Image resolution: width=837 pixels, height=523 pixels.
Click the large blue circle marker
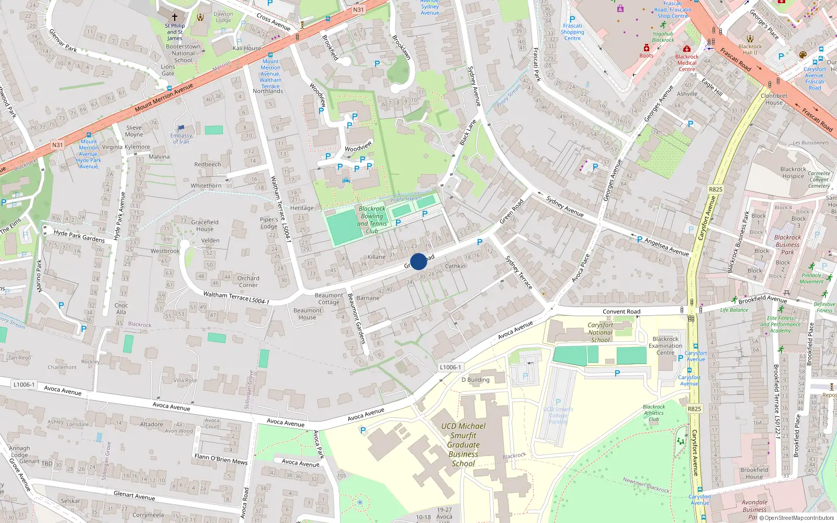pyautogui.click(x=418, y=261)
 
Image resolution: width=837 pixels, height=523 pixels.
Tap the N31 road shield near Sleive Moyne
pyautogui.click(x=58, y=145)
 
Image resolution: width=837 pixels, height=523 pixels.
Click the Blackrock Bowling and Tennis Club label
pyautogui.click(x=372, y=220)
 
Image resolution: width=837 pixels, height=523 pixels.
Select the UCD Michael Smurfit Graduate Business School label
pyautogui.click(x=463, y=445)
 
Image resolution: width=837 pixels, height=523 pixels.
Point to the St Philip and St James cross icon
pyautogui.click(x=175, y=17)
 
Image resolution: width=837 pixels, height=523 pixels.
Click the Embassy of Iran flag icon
pyautogui.click(x=181, y=128)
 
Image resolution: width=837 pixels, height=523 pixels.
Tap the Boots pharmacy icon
pyautogui.click(x=647, y=48)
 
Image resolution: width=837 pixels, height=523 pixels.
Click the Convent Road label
pyautogui.click(x=621, y=312)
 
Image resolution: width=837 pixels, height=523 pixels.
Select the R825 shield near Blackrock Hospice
pyautogui.click(x=715, y=189)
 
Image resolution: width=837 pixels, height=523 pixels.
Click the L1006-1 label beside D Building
pyautogui.click(x=450, y=367)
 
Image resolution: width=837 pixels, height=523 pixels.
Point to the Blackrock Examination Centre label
pyautogui.click(x=665, y=346)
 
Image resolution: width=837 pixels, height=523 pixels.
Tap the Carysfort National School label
pyautogui.click(x=600, y=332)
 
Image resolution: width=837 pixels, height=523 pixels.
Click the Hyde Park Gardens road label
pyautogui.click(x=79, y=236)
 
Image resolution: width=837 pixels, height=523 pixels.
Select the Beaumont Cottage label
pyautogui.click(x=329, y=299)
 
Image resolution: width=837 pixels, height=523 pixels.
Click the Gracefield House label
pyautogui.click(x=205, y=225)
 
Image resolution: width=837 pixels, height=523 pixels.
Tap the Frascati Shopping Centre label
pyautogui.click(x=572, y=32)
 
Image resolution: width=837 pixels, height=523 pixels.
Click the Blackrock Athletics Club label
pyautogui.click(x=654, y=413)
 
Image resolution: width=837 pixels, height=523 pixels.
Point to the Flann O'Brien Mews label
pyautogui.click(x=221, y=459)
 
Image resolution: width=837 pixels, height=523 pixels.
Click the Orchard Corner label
pyautogui.click(x=248, y=281)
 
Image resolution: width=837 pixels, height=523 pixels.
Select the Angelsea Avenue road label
pyautogui.click(x=666, y=246)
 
